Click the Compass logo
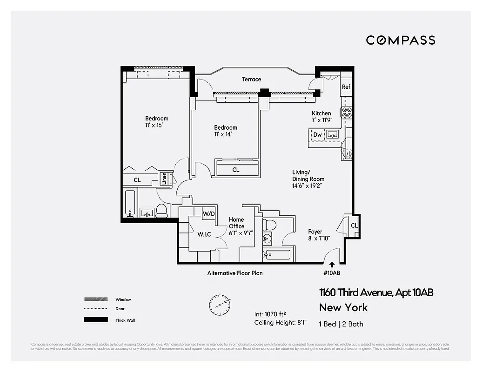click(401, 40)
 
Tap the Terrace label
click(251, 80)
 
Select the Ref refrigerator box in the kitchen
click(346, 87)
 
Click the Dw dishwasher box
click(317, 135)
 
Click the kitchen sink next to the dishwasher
click(332, 135)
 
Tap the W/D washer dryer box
click(209, 213)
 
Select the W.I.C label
click(204, 234)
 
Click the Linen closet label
click(164, 179)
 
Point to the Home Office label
click(236, 223)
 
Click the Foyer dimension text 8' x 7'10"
click(319, 239)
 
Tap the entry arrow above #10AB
click(332, 265)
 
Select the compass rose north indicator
click(219, 304)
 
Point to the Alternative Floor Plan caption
click(234, 273)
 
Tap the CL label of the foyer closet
click(354, 226)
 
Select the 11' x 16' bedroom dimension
click(153, 125)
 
